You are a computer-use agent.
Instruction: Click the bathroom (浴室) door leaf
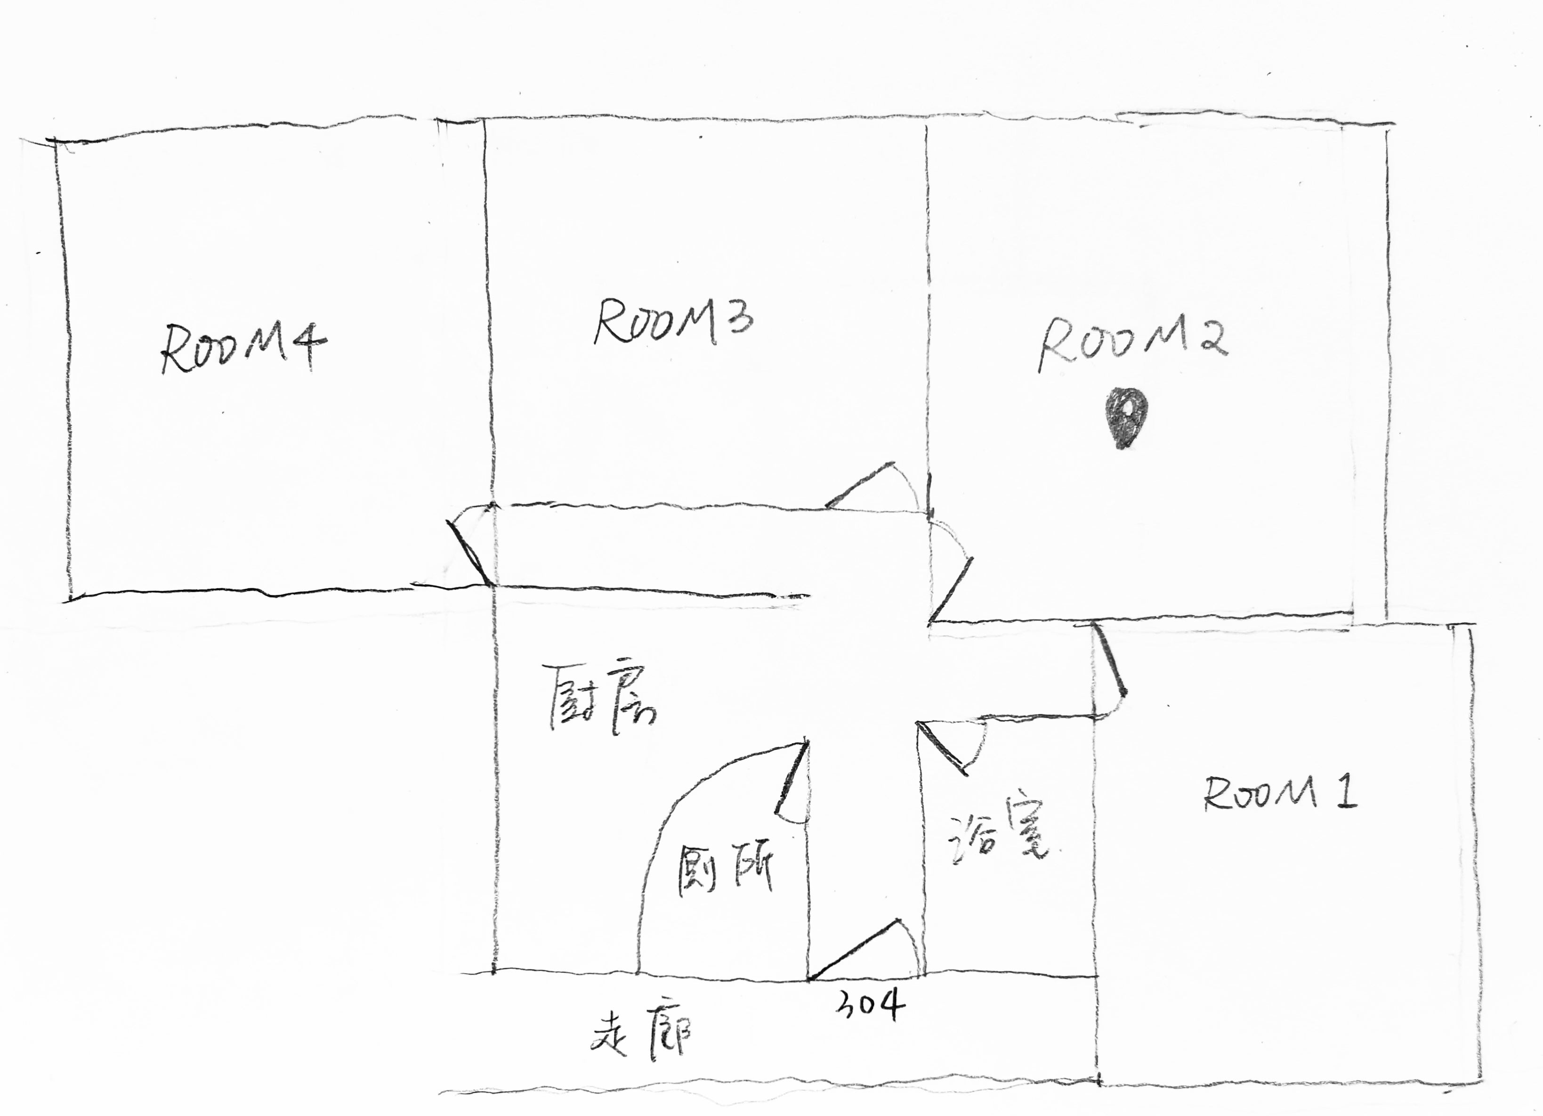click(x=942, y=749)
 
